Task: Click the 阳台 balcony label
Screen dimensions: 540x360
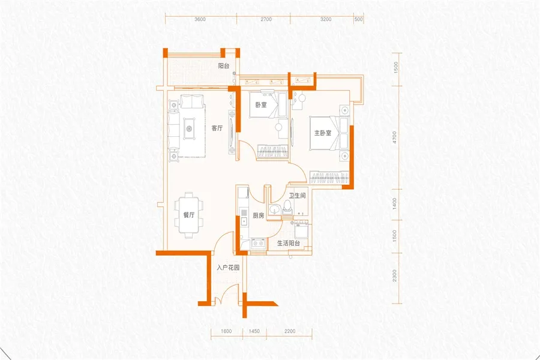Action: click(224, 66)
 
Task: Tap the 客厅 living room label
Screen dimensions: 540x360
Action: click(217, 128)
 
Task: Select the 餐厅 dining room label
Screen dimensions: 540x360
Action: click(189, 215)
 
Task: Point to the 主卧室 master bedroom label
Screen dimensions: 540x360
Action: click(323, 133)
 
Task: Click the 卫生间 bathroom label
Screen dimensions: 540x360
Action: click(297, 196)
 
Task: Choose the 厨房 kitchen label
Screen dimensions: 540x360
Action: click(258, 215)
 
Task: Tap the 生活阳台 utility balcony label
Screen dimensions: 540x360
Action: click(289, 243)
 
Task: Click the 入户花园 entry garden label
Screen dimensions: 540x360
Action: click(228, 268)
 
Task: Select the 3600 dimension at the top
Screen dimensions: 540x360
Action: click(200, 19)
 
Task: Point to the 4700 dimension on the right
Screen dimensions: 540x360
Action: click(395, 137)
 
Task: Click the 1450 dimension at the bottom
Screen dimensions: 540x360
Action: click(254, 331)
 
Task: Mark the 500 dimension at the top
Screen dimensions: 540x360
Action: click(359, 19)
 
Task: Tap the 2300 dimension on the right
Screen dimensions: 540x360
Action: click(395, 275)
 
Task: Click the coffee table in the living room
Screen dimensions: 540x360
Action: click(189, 129)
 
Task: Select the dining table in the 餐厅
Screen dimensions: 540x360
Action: click(189, 215)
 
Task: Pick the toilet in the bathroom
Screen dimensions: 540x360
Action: click(287, 208)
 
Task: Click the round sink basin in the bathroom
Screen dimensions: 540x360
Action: click(275, 209)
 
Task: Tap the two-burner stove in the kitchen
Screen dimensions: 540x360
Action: click(258, 244)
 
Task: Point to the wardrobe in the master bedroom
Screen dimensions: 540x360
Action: click(329, 178)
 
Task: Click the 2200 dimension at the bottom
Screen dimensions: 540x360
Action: click(290, 331)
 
